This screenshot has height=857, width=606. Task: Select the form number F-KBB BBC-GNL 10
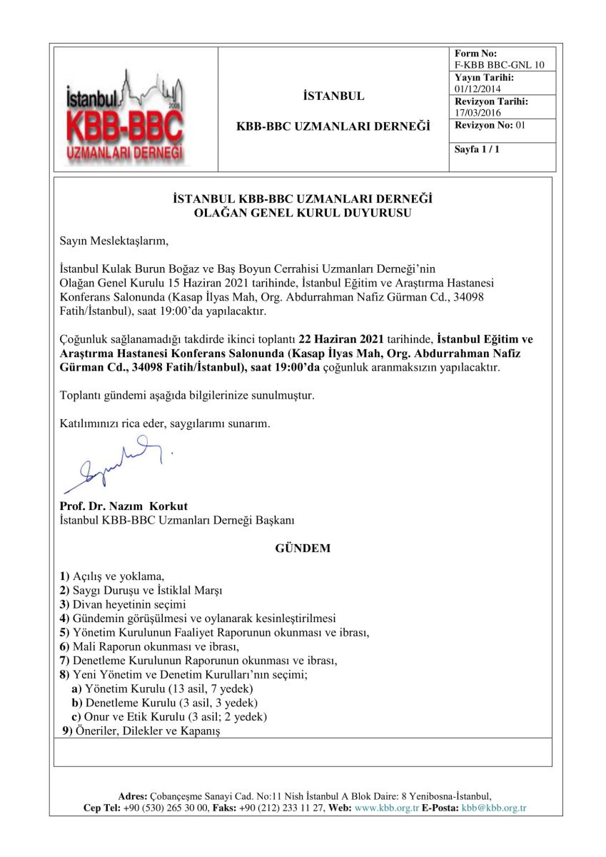[499, 65]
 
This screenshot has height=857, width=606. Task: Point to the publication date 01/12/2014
[478, 89]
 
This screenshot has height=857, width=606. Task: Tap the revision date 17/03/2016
[478, 113]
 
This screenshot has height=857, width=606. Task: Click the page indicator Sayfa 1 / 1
[478, 149]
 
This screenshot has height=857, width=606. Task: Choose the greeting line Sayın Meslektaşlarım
[114, 239]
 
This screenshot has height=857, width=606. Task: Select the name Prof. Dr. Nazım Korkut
[123, 506]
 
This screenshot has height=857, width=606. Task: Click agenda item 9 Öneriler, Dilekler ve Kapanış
[143, 731]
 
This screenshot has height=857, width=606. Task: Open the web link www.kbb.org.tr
[386, 808]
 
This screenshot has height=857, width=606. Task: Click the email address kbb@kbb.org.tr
[493, 808]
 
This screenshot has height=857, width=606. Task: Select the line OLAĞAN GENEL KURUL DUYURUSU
[303, 212]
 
